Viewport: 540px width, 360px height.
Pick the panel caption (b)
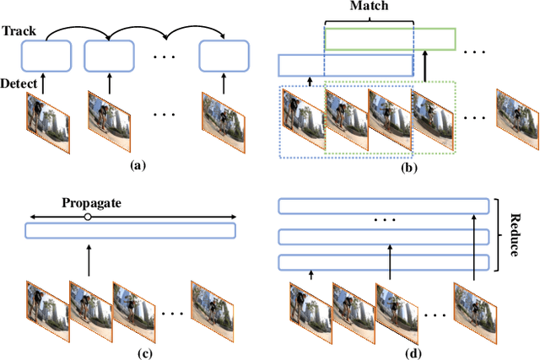pyautogui.click(x=411, y=168)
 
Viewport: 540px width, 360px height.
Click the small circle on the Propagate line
pyautogui.click(x=88, y=217)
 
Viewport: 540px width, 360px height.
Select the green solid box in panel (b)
pyautogui.click(x=391, y=38)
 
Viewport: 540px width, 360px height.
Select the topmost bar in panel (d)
pyautogui.click(x=384, y=206)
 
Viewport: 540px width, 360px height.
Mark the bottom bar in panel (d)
pyautogui.click(x=384, y=261)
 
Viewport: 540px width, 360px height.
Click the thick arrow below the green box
pyautogui.click(x=424, y=67)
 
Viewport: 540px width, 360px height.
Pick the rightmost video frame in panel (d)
pyautogui.click(x=475, y=307)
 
